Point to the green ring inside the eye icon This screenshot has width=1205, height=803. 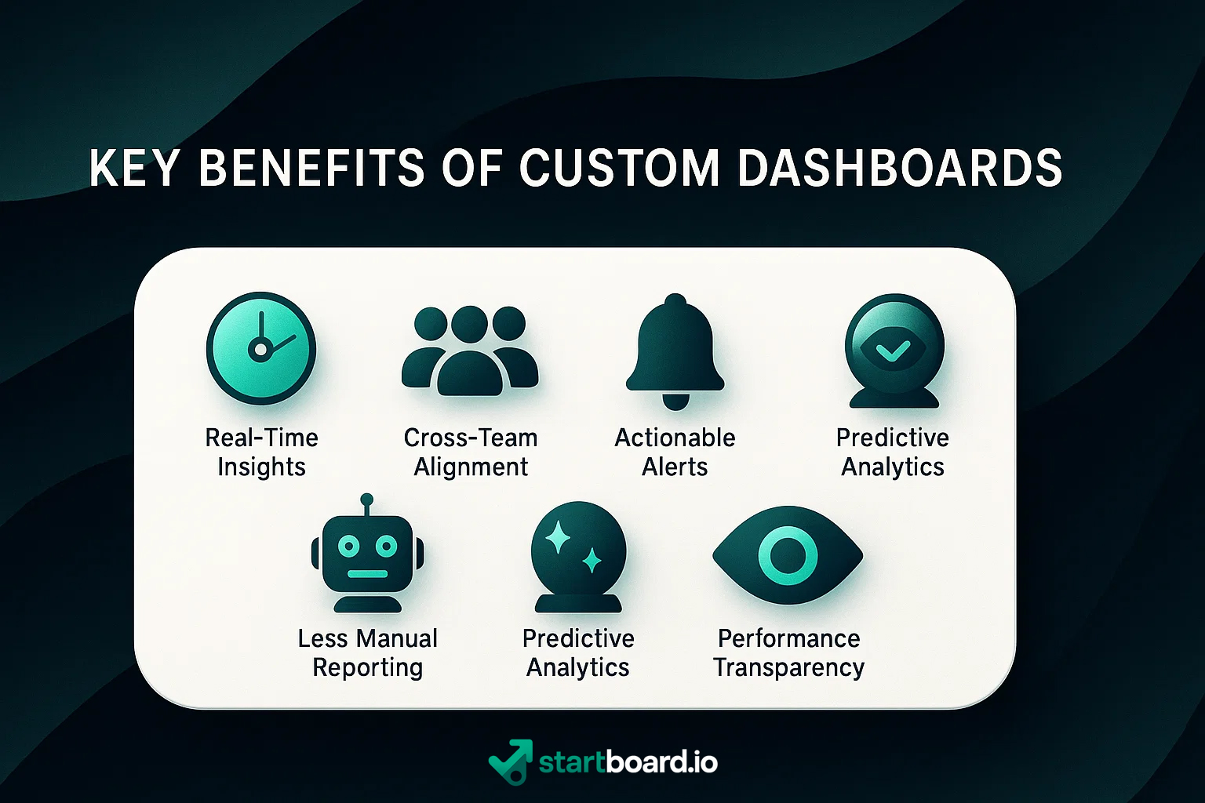tap(788, 555)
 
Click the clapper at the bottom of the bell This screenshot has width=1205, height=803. tap(675, 401)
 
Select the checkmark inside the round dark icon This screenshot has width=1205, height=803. tap(893, 350)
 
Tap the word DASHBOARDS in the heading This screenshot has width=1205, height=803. tap(899, 168)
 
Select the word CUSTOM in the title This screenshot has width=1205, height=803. tap(619, 168)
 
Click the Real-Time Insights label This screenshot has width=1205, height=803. tap(261, 452)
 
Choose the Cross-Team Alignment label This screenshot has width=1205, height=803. tap(471, 452)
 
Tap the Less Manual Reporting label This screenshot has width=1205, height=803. tap(367, 652)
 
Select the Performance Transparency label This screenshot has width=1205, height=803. tap(788, 652)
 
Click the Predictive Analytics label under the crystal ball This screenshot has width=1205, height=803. tap(578, 652)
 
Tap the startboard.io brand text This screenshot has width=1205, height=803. tap(628, 761)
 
